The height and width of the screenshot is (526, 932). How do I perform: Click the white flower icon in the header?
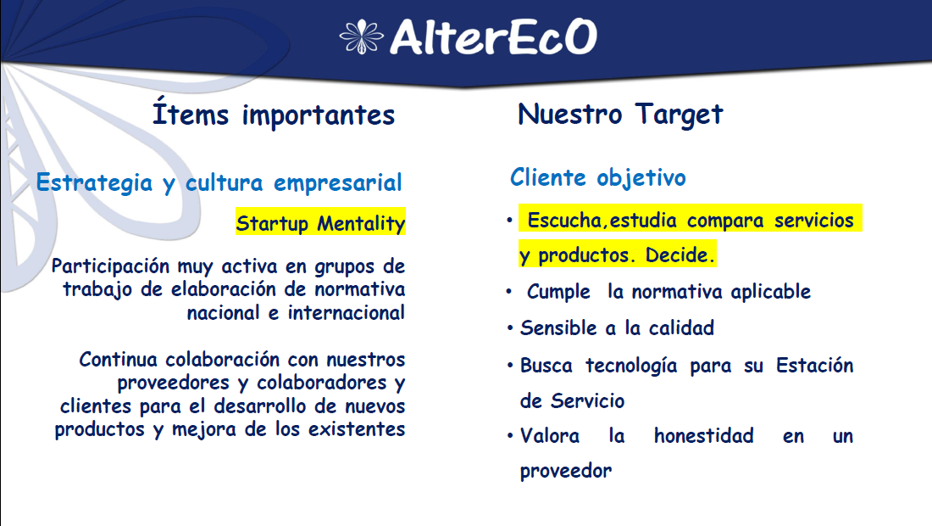pyautogui.click(x=362, y=36)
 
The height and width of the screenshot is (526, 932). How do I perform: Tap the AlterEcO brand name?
pyautogui.click(x=493, y=36)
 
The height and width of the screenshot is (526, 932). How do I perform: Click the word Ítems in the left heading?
pyautogui.click(x=190, y=113)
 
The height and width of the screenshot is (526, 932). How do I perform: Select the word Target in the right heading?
pyautogui.click(x=679, y=115)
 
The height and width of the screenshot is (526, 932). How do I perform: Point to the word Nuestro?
pyautogui.click(x=570, y=114)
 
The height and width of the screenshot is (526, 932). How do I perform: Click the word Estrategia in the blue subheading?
pyautogui.click(x=94, y=182)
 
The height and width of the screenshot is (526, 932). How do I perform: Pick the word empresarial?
pyautogui.click(x=337, y=183)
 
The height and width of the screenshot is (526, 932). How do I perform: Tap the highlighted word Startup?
pyautogui.click(x=272, y=223)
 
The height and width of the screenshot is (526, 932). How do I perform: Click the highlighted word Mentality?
pyautogui.click(x=362, y=224)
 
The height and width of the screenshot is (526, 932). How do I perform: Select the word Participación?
pyautogui.click(x=110, y=266)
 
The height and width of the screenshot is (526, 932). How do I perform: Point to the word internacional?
pyautogui.click(x=347, y=312)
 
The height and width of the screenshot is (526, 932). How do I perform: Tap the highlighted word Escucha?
pyautogui.click(x=566, y=221)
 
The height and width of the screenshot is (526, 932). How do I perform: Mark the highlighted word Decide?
pyautogui.click(x=680, y=255)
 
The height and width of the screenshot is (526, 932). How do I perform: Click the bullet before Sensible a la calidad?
pyautogui.click(x=510, y=327)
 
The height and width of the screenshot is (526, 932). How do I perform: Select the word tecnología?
pyautogui.click(x=631, y=366)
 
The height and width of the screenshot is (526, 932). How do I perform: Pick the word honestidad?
pyautogui.click(x=704, y=435)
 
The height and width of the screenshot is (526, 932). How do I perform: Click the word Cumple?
pyautogui.click(x=558, y=292)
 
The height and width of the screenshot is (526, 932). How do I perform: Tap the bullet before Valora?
pyautogui.click(x=510, y=435)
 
